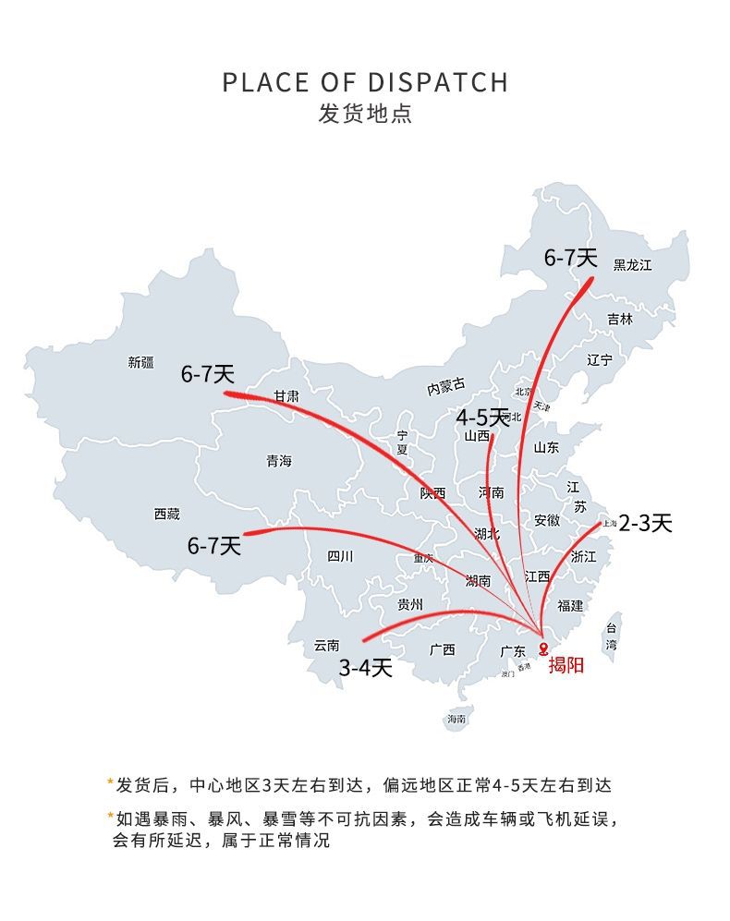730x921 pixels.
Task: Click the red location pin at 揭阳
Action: click(543, 648)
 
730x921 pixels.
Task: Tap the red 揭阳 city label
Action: click(566, 664)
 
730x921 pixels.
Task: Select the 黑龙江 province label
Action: click(633, 265)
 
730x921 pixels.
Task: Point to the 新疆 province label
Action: click(140, 363)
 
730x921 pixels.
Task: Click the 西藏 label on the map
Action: click(166, 515)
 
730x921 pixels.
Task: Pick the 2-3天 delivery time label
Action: click(645, 523)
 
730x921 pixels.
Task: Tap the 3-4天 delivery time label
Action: click(365, 667)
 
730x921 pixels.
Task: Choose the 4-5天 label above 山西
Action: click(482, 418)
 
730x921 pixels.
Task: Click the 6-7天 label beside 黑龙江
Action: click(571, 259)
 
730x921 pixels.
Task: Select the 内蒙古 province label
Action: click(446, 388)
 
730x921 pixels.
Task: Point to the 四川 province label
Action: click(340, 556)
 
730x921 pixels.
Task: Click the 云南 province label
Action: click(327, 646)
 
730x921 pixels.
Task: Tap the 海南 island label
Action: click(456, 719)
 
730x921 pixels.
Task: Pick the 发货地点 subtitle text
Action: click(365, 115)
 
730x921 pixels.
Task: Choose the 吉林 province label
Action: click(620, 320)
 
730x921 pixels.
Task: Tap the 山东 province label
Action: click(546, 447)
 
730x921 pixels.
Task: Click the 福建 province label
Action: click(570, 606)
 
